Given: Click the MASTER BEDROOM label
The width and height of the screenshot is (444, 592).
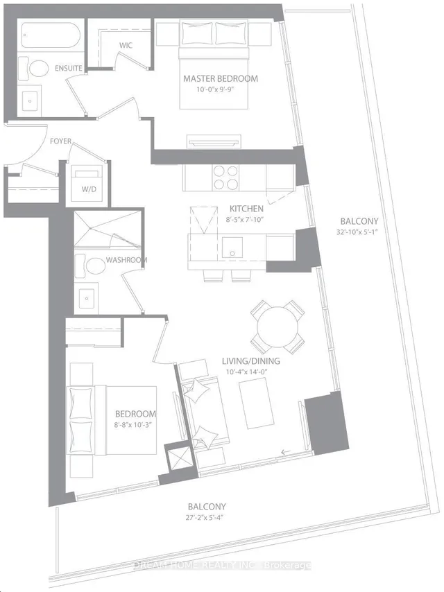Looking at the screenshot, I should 220,78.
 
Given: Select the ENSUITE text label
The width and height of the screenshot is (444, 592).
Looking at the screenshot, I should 69,68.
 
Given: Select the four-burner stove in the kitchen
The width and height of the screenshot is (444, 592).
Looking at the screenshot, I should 225,177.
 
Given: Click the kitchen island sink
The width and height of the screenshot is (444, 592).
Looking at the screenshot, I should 232,245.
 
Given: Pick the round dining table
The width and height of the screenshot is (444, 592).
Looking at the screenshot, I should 276,324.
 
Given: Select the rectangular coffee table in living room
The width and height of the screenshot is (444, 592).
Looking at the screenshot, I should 255,404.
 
